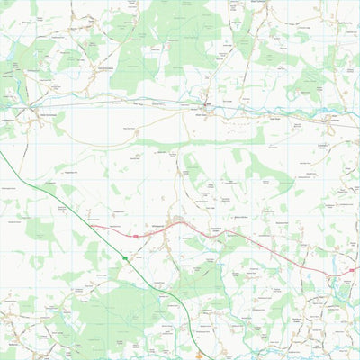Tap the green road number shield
pyautogui.click(x=124, y=258)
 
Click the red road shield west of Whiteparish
pyautogui.click(x=136, y=236)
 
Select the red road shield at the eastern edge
pyautogui.click(x=350, y=269)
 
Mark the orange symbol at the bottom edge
pyautogui.click(x=199, y=356)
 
